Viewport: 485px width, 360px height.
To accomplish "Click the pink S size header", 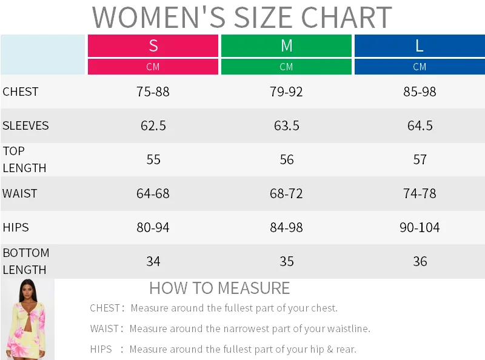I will (x=153, y=45).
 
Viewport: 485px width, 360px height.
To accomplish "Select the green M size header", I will (x=286, y=45).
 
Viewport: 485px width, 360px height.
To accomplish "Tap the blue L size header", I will (x=420, y=45).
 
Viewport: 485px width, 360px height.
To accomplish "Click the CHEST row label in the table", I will (x=21, y=92).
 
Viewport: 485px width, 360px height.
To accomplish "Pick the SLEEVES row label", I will (x=25, y=126).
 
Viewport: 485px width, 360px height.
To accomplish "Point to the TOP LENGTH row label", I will (x=24, y=159).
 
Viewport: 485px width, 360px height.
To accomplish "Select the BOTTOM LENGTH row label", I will (x=26, y=261).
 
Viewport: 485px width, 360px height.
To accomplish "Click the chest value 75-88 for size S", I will (x=153, y=92).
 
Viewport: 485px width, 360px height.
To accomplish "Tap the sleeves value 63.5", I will (x=286, y=126).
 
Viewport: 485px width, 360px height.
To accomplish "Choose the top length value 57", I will (x=420, y=160).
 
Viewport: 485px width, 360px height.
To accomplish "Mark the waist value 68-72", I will (x=286, y=194).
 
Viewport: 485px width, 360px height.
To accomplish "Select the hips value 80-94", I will (x=153, y=228).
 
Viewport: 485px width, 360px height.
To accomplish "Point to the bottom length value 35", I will (x=286, y=262).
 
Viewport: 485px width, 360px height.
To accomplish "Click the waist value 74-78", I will (x=420, y=194).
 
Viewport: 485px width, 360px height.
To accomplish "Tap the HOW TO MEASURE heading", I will (x=219, y=288).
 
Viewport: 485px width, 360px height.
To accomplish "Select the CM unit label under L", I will (x=420, y=67).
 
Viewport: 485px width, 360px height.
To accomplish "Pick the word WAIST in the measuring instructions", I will (x=105, y=329).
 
